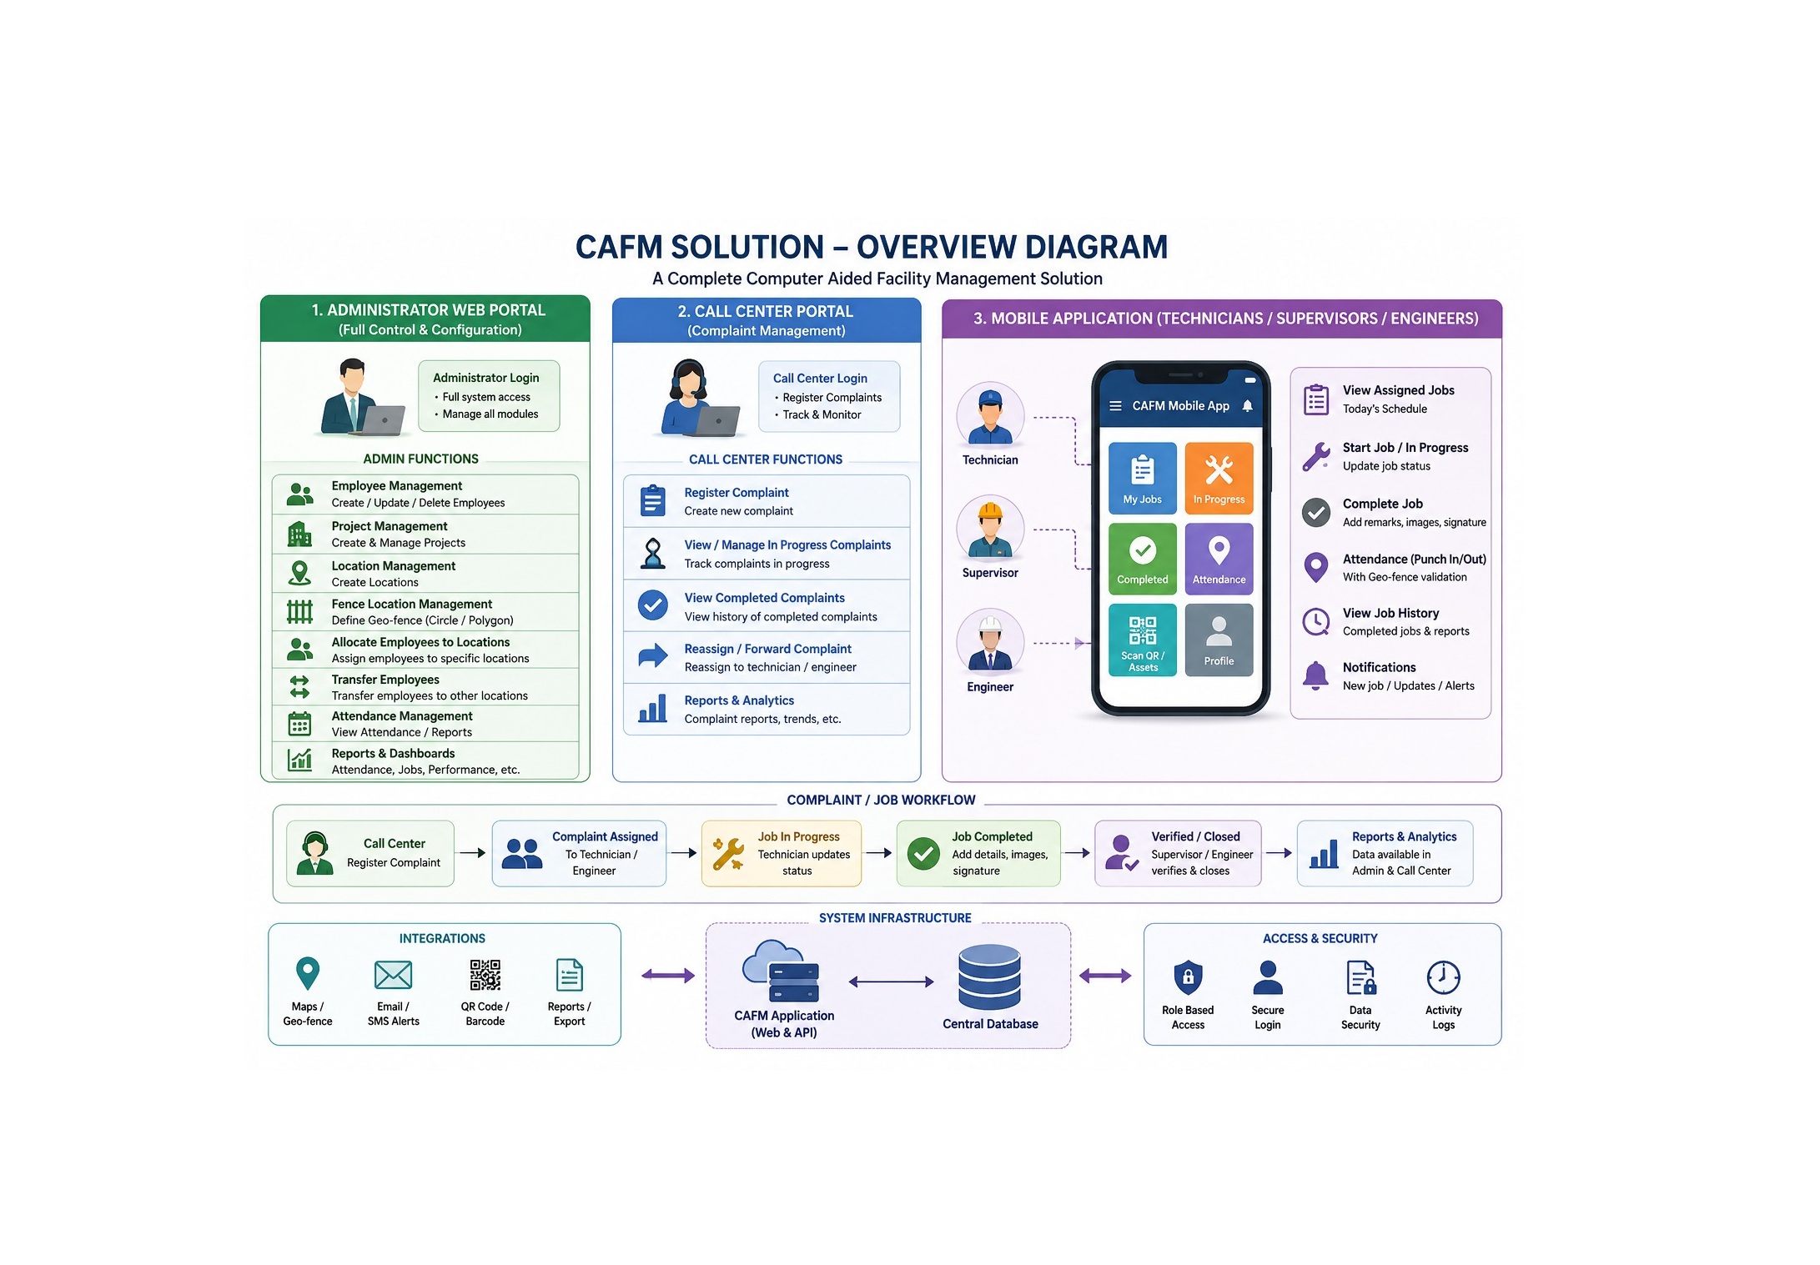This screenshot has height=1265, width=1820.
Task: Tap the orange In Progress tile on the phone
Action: pyautogui.click(x=1219, y=477)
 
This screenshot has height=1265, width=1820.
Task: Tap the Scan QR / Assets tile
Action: pyautogui.click(x=1143, y=640)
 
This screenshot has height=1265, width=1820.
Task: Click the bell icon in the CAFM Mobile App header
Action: pyautogui.click(x=1247, y=406)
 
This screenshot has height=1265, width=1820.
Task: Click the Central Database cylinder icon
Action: pyautogui.click(x=989, y=976)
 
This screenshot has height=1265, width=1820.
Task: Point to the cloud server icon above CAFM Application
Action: pyautogui.click(x=781, y=971)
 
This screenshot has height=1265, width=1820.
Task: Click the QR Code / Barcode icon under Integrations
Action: pyautogui.click(x=485, y=975)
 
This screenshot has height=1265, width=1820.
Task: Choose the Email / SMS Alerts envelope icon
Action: pyautogui.click(x=393, y=975)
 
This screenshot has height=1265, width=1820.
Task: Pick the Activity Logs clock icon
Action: pyautogui.click(x=1443, y=977)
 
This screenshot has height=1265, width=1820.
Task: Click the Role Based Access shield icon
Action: pyautogui.click(x=1188, y=977)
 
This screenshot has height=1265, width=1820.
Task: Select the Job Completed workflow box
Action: pyautogui.click(x=978, y=853)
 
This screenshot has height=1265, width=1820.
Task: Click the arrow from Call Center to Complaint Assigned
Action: pyautogui.click(x=472, y=853)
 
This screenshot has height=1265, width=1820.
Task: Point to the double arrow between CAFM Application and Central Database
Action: pyautogui.click(x=891, y=981)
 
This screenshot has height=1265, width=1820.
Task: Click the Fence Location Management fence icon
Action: pyautogui.click(x=299, y=612)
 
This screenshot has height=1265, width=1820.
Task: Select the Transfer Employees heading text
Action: pyautogui.click(x=385, y=680)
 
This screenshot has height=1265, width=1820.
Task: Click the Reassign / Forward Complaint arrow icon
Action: pyautogui.click(x=653, y=656)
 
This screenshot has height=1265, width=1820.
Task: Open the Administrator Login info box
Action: pyautogui.click(x=489, y=396)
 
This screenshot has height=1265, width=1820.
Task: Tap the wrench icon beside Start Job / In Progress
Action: pyautogui.click(x=1316, y=457)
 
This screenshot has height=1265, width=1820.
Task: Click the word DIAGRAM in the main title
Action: pyautogui.click(x=1096, y=248)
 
